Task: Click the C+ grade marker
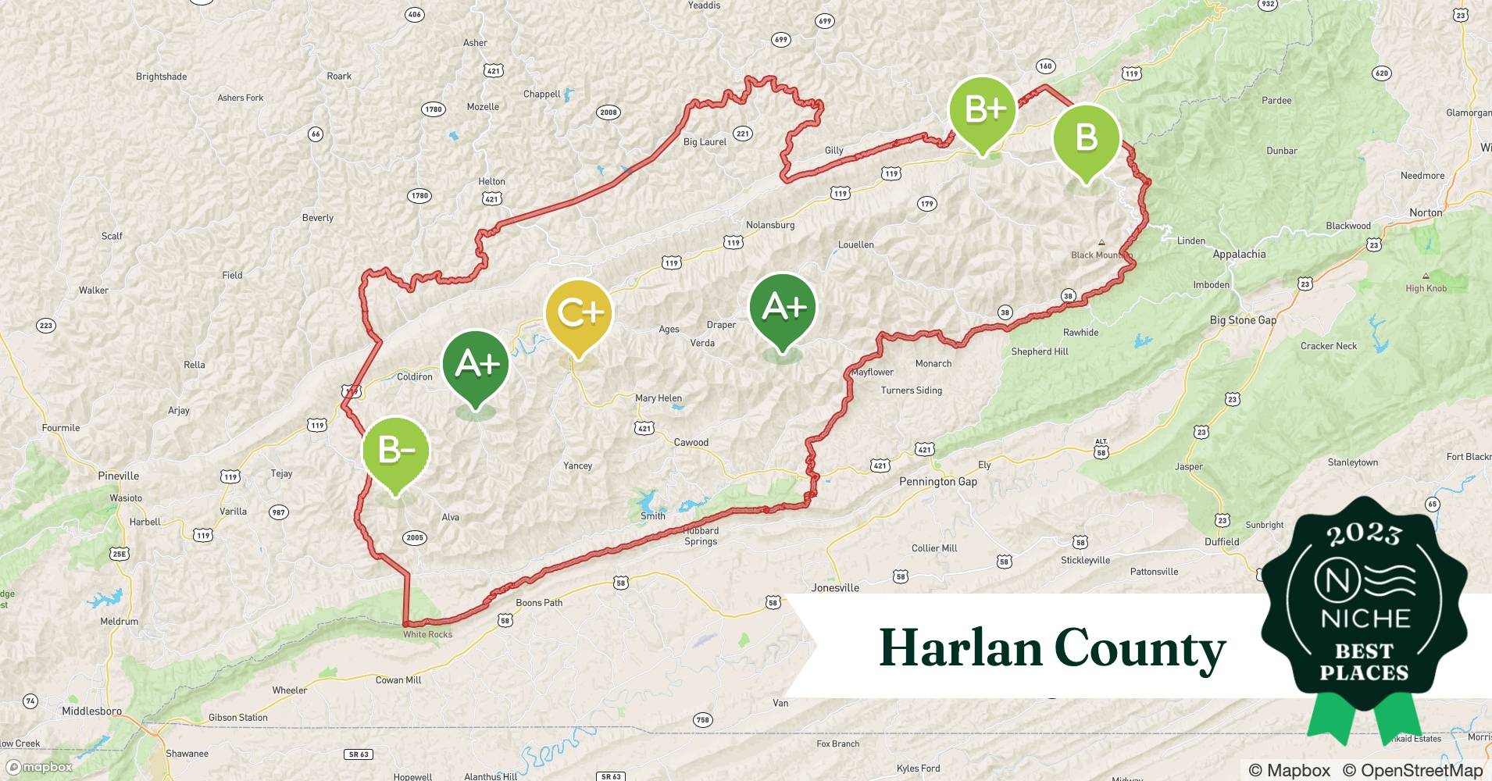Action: pos(579,314)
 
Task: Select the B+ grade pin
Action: pos(983,112)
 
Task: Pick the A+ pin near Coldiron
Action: pos(476,365)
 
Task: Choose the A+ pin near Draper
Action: pos(783,308)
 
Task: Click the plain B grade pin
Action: pos(1087,139)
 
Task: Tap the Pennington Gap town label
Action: pos(937,482)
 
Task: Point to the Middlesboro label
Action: pos(91,711)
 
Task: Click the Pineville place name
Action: pos(119,476)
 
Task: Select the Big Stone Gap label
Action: pos(1243,320)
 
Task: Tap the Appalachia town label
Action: pos(1239,255)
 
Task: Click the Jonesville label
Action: pos(835,588)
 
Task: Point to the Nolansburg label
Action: pos(770,226)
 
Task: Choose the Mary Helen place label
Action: pos(658,398)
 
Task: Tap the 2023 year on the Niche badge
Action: pos(1364,535)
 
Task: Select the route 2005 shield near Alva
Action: pos(415,537)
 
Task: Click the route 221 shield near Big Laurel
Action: pos(742,134)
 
